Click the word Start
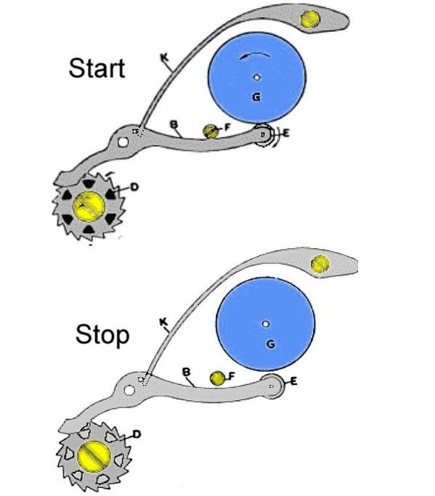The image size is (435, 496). pyautogui.click(x=97, y=68)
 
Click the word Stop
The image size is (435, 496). pyautogui.click(x=102, y=336)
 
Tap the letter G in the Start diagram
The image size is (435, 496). pyautogui.click(x=256, y=97)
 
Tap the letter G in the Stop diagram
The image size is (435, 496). pyautogui.click(x=270, y=343)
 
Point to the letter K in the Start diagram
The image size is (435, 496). pyautogui.click(x=165, y=57)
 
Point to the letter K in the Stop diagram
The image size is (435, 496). pyautogui.click(x=163, y=322)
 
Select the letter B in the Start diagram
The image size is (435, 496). pyautogui.click(x=174, y=124)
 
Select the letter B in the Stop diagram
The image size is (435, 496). pyautogui.click(x=187, y=372)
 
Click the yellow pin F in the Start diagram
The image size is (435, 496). pyautogui.click(x=211, y=131)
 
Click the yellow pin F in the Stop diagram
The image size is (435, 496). pyautogui.click(x=217, y=378)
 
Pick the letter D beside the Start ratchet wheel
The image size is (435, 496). pyautogui.click(x=134, y=187)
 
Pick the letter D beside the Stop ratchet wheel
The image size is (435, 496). pyautogui.click(x=137, y=434)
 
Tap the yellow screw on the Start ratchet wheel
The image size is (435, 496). pyautogui.click(x=89, y=206)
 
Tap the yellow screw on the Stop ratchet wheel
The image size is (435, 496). pyautogui.click(x=94, y=456)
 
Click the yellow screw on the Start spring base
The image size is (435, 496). pyautogui.click(x=310, y=19)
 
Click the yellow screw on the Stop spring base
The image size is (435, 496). pyautogui.click(x=320, y=264)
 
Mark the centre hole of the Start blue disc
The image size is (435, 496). pyautogui.click(x=257, y=77)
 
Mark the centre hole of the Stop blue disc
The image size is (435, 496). pyautogui.click(x=266, y=324)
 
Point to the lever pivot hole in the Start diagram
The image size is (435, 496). pyautogui.click(x=123, y=142)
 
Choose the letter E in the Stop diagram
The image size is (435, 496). pyautogui.click(x=293, y=382)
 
